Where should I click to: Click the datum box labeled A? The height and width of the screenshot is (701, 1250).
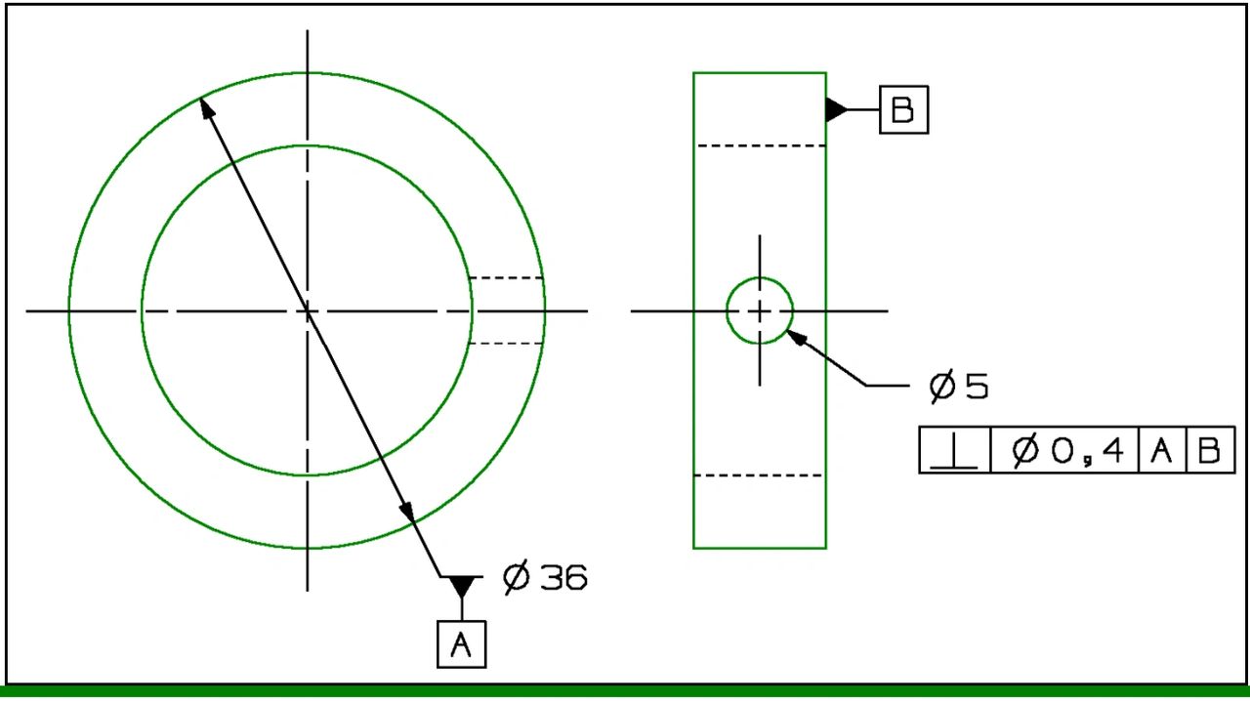point(462,644)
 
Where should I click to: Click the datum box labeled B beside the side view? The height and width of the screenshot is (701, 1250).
point(904,110)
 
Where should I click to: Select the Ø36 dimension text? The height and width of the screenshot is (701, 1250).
point(545,577)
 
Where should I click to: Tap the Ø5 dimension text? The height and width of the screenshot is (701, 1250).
point(959,387)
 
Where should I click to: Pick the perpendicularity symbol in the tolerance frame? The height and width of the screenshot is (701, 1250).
point(954,450)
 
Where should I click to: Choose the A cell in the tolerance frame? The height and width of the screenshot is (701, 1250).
point(1162,450)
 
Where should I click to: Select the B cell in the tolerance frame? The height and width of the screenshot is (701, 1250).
point(1210,450)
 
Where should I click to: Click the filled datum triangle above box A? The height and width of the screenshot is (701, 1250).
point(462,585)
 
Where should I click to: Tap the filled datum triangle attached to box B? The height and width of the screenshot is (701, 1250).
point(835,110)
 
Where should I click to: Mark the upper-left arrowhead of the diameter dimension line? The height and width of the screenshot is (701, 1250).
point(206,107)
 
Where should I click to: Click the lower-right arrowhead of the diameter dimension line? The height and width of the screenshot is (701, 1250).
point(407,512)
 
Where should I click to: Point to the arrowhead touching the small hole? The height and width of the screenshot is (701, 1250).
point(796,337)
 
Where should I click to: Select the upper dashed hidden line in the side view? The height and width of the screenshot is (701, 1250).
point(762,146)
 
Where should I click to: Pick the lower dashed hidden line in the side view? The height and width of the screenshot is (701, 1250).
point(759,475)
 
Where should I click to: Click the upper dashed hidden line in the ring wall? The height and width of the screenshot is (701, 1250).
point(506,277)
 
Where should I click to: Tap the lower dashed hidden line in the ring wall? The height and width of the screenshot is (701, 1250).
point(506,344)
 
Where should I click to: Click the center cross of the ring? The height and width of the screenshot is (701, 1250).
point(307,310)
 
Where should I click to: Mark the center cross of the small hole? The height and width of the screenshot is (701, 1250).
point(760,310)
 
